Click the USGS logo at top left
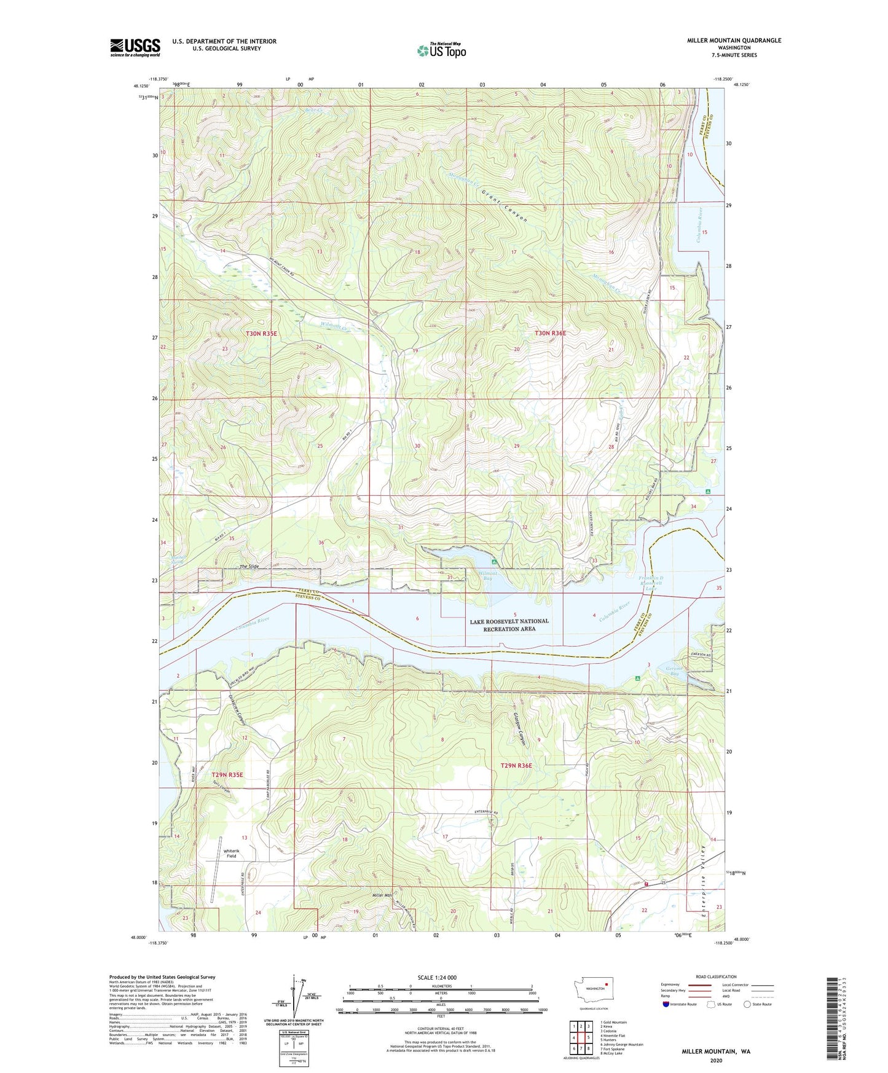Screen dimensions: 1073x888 click(x=135, y=47)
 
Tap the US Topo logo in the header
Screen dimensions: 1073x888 click(x=441, y=50)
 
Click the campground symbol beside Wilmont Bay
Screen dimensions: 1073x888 click(x=495, y=562)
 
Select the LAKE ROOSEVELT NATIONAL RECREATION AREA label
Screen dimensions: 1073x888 click(x=509, y=625)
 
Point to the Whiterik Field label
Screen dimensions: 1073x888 click(x=231, y=852)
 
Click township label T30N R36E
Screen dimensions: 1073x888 click(x=550, y=333)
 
